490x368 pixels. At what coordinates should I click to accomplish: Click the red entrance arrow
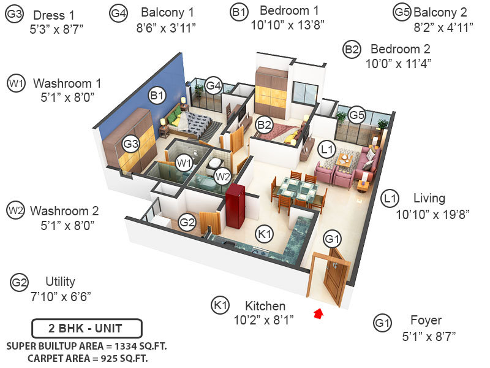[x=318, y=315]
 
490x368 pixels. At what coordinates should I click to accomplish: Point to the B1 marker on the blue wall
[x=157, y=95]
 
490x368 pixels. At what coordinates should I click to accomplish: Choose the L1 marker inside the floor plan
[x=326, y=148]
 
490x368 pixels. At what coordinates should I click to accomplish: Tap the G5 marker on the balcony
[x=357, y=114]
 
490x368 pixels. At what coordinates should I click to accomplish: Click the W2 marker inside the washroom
[x=222, y=177]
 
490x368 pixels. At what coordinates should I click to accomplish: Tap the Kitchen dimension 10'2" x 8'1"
[x=265, y=320]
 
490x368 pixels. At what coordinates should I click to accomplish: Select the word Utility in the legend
[x=60, y=282]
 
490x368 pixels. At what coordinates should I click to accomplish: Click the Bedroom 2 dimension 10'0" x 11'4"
[x=398, y=63]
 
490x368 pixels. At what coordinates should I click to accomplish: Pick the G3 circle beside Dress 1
[x=15, y=15]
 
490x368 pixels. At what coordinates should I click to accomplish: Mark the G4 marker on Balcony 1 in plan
[x=213, y=86]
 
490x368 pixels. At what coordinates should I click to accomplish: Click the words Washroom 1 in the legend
[x=67, y=83]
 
